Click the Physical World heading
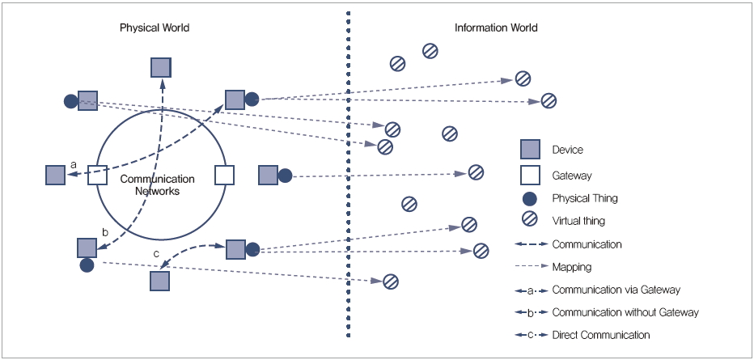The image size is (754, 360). (155, 28)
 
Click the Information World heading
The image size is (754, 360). (496, 28)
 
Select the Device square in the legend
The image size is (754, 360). (530, 150)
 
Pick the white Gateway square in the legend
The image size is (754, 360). (530, 175)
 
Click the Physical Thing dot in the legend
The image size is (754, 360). (530, 198)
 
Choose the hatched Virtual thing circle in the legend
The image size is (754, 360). (530, 220)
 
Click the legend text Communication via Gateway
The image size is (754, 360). (616, 290)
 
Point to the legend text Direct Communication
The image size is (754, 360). (601, 335)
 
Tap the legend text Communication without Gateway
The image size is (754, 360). (625, 312)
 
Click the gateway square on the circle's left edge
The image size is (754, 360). (97, 176)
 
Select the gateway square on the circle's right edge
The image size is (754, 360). (224, 175)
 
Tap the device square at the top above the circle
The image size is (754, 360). (162, 67)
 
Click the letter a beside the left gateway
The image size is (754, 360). (74, 164)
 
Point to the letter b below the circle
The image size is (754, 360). (104, 232)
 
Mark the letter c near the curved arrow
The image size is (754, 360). (156, 255)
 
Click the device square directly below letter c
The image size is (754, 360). (159, 281)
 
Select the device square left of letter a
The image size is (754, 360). (55, 176)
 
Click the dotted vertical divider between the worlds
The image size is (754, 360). (349, 178)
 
